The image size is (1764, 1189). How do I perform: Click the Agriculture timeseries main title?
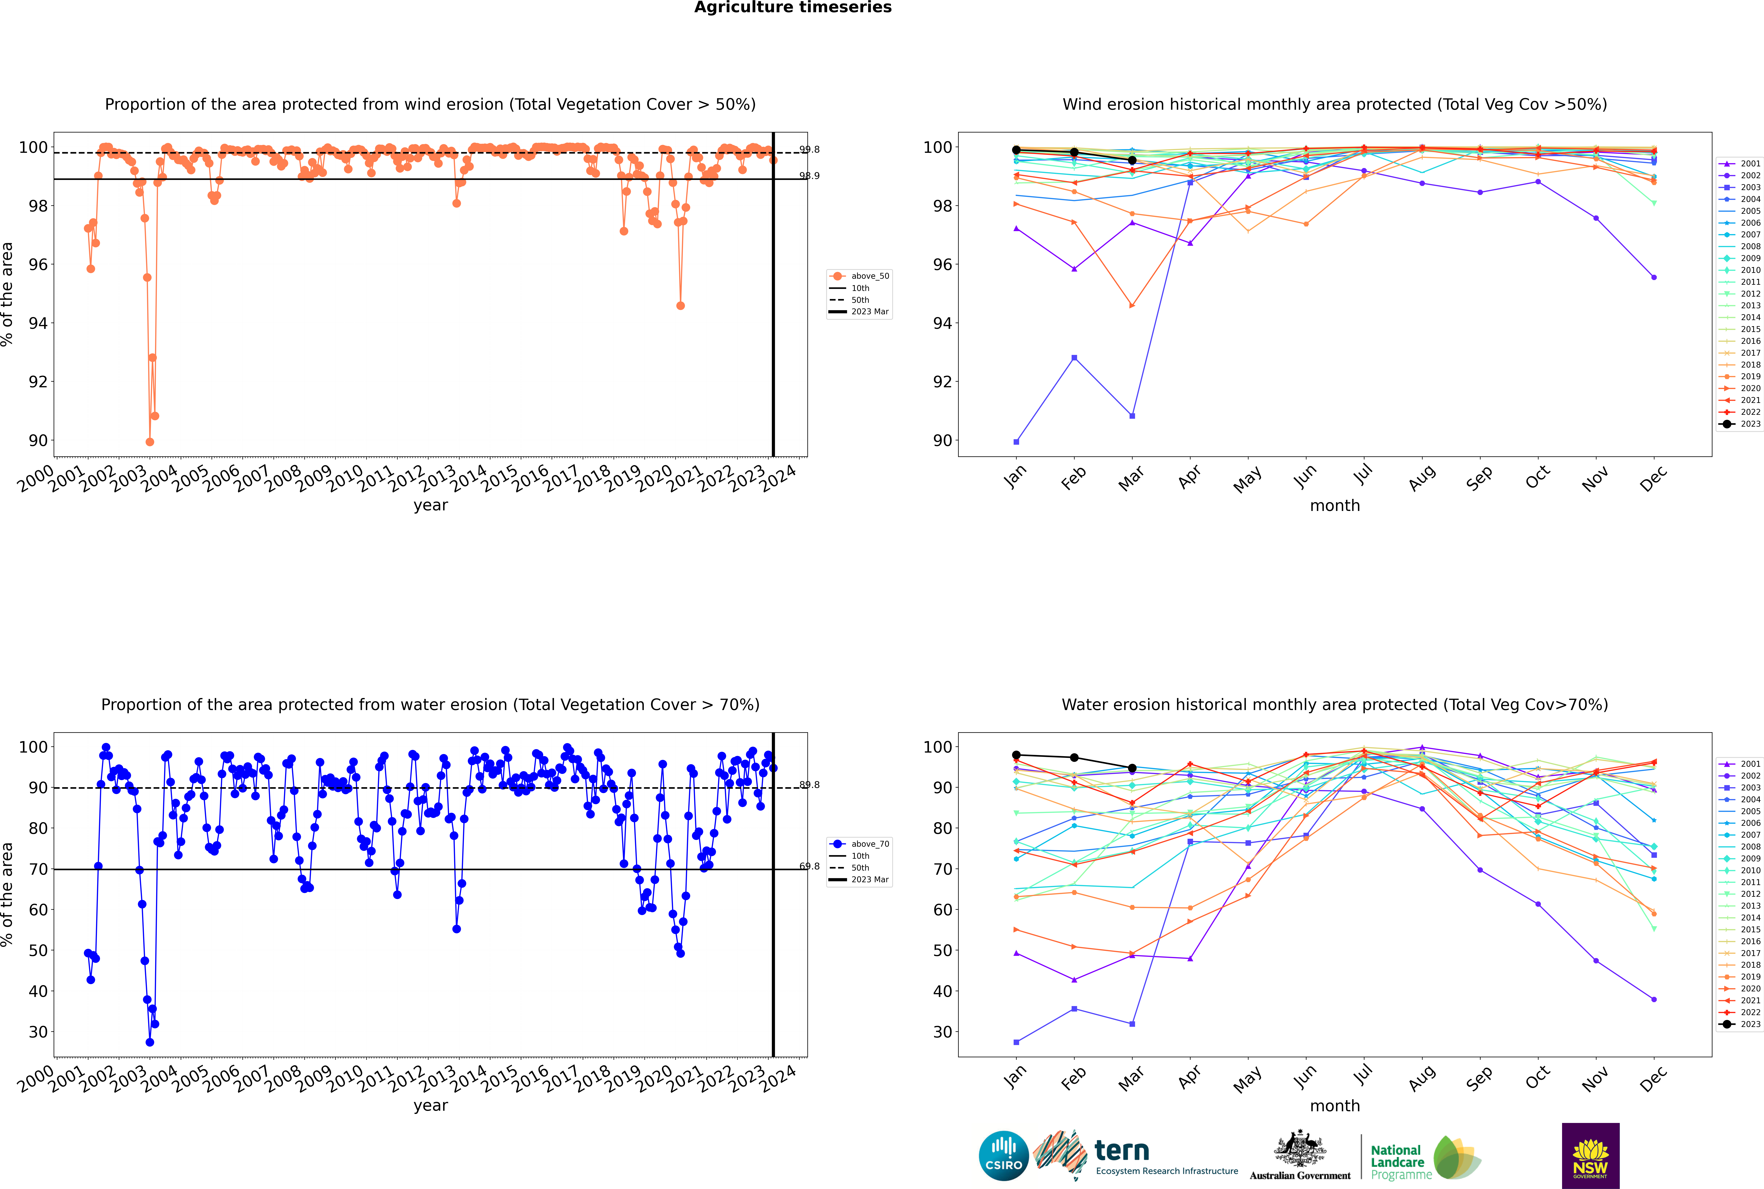(x=793, y=8)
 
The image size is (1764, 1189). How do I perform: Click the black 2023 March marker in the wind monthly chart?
(x=1131, y=161)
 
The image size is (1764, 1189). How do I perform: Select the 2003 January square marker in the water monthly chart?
(x=1016, y=1042)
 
